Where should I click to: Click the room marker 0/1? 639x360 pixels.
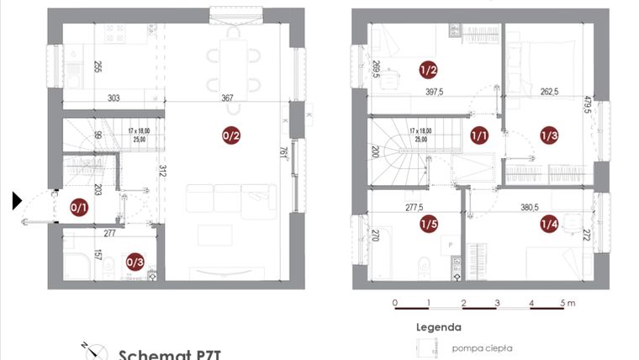[x=79, y=207]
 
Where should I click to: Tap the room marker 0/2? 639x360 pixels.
[x=231, y=135]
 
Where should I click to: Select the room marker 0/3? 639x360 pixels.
[x=135, y=262]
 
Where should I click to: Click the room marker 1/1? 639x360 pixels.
[x=480, y=135]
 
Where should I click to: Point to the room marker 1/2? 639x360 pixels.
[x=428, y=70]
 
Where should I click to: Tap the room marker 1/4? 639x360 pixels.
[x=549, y=224]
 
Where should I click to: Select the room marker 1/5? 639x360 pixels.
[x=429, y=224]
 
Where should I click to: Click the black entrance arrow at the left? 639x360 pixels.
[x=17, y=200]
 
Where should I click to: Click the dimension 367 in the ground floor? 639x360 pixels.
[x=228, y=98]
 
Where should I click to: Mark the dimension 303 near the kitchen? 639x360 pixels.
[x=114, y=98]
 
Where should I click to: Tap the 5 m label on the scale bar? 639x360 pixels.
[x=569, y=302]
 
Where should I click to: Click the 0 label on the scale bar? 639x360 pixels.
[x=394, y=302]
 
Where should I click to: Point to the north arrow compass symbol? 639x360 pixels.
[x=95, y=351]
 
